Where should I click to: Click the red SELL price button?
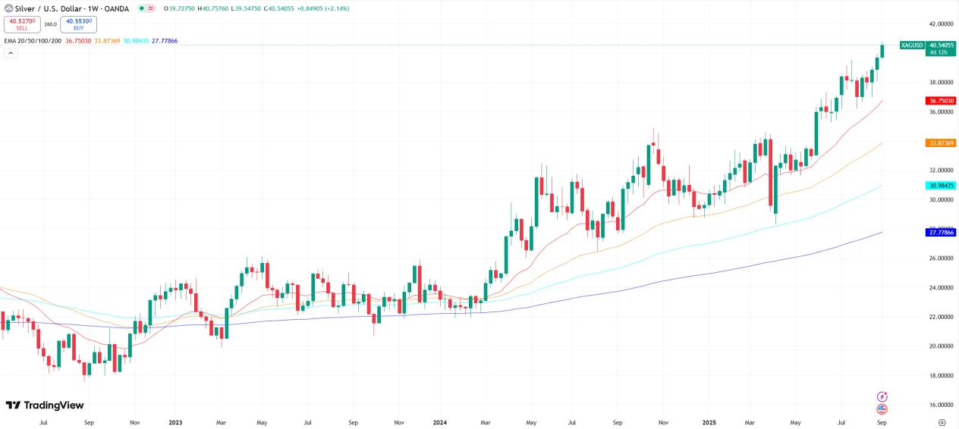(x=22, y=24)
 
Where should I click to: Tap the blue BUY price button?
(x=78, y=24)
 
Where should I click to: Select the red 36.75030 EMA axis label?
(x=940, y=101)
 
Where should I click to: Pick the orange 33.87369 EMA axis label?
(x=940, y=142)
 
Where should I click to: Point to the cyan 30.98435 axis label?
(x=940, y=186)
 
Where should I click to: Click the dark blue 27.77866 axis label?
(x=940, y=232)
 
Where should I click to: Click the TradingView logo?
(x=45, y=406)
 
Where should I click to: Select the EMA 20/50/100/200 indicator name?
(x=33, y=40)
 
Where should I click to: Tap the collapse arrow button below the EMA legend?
(x=11, y=53)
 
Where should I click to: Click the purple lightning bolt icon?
(x=882, y=396)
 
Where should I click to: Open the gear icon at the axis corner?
(x=942, y=422)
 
